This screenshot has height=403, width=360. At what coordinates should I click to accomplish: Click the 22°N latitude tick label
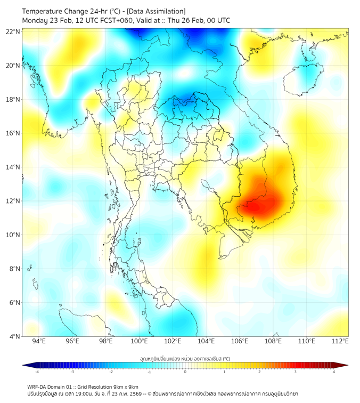pos(13,31)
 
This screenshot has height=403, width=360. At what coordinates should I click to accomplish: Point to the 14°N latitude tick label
pos(13,167)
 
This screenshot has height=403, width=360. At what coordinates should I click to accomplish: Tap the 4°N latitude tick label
pos(14,336)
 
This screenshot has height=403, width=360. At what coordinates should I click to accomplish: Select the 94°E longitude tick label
pos(39,342)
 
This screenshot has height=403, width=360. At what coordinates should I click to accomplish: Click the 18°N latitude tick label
pos(13,100)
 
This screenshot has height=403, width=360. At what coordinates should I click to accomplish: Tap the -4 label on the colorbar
pos(36,372)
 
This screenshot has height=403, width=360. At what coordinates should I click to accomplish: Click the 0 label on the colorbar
pos(185,372)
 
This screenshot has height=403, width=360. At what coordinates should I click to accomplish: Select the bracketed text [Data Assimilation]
pos(158,11)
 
